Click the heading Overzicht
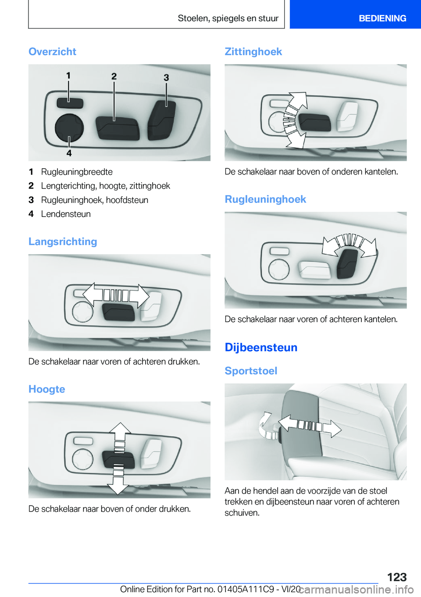[52, 51]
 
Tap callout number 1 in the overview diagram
[68, 76]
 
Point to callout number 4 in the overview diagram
[69, 153]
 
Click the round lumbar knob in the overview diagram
[69, 128]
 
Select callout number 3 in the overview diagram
[166, 78]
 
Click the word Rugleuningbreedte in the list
[77, 172]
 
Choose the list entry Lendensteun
[66, 214]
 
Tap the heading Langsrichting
[63, 242]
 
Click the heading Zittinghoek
[253, 51]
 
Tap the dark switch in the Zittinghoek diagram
[314, 123]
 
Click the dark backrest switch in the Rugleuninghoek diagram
[347, 264]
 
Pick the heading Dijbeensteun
[261, 347]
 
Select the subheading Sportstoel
[251, 371]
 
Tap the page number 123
[397, 577]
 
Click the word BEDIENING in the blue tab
[382, 18]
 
